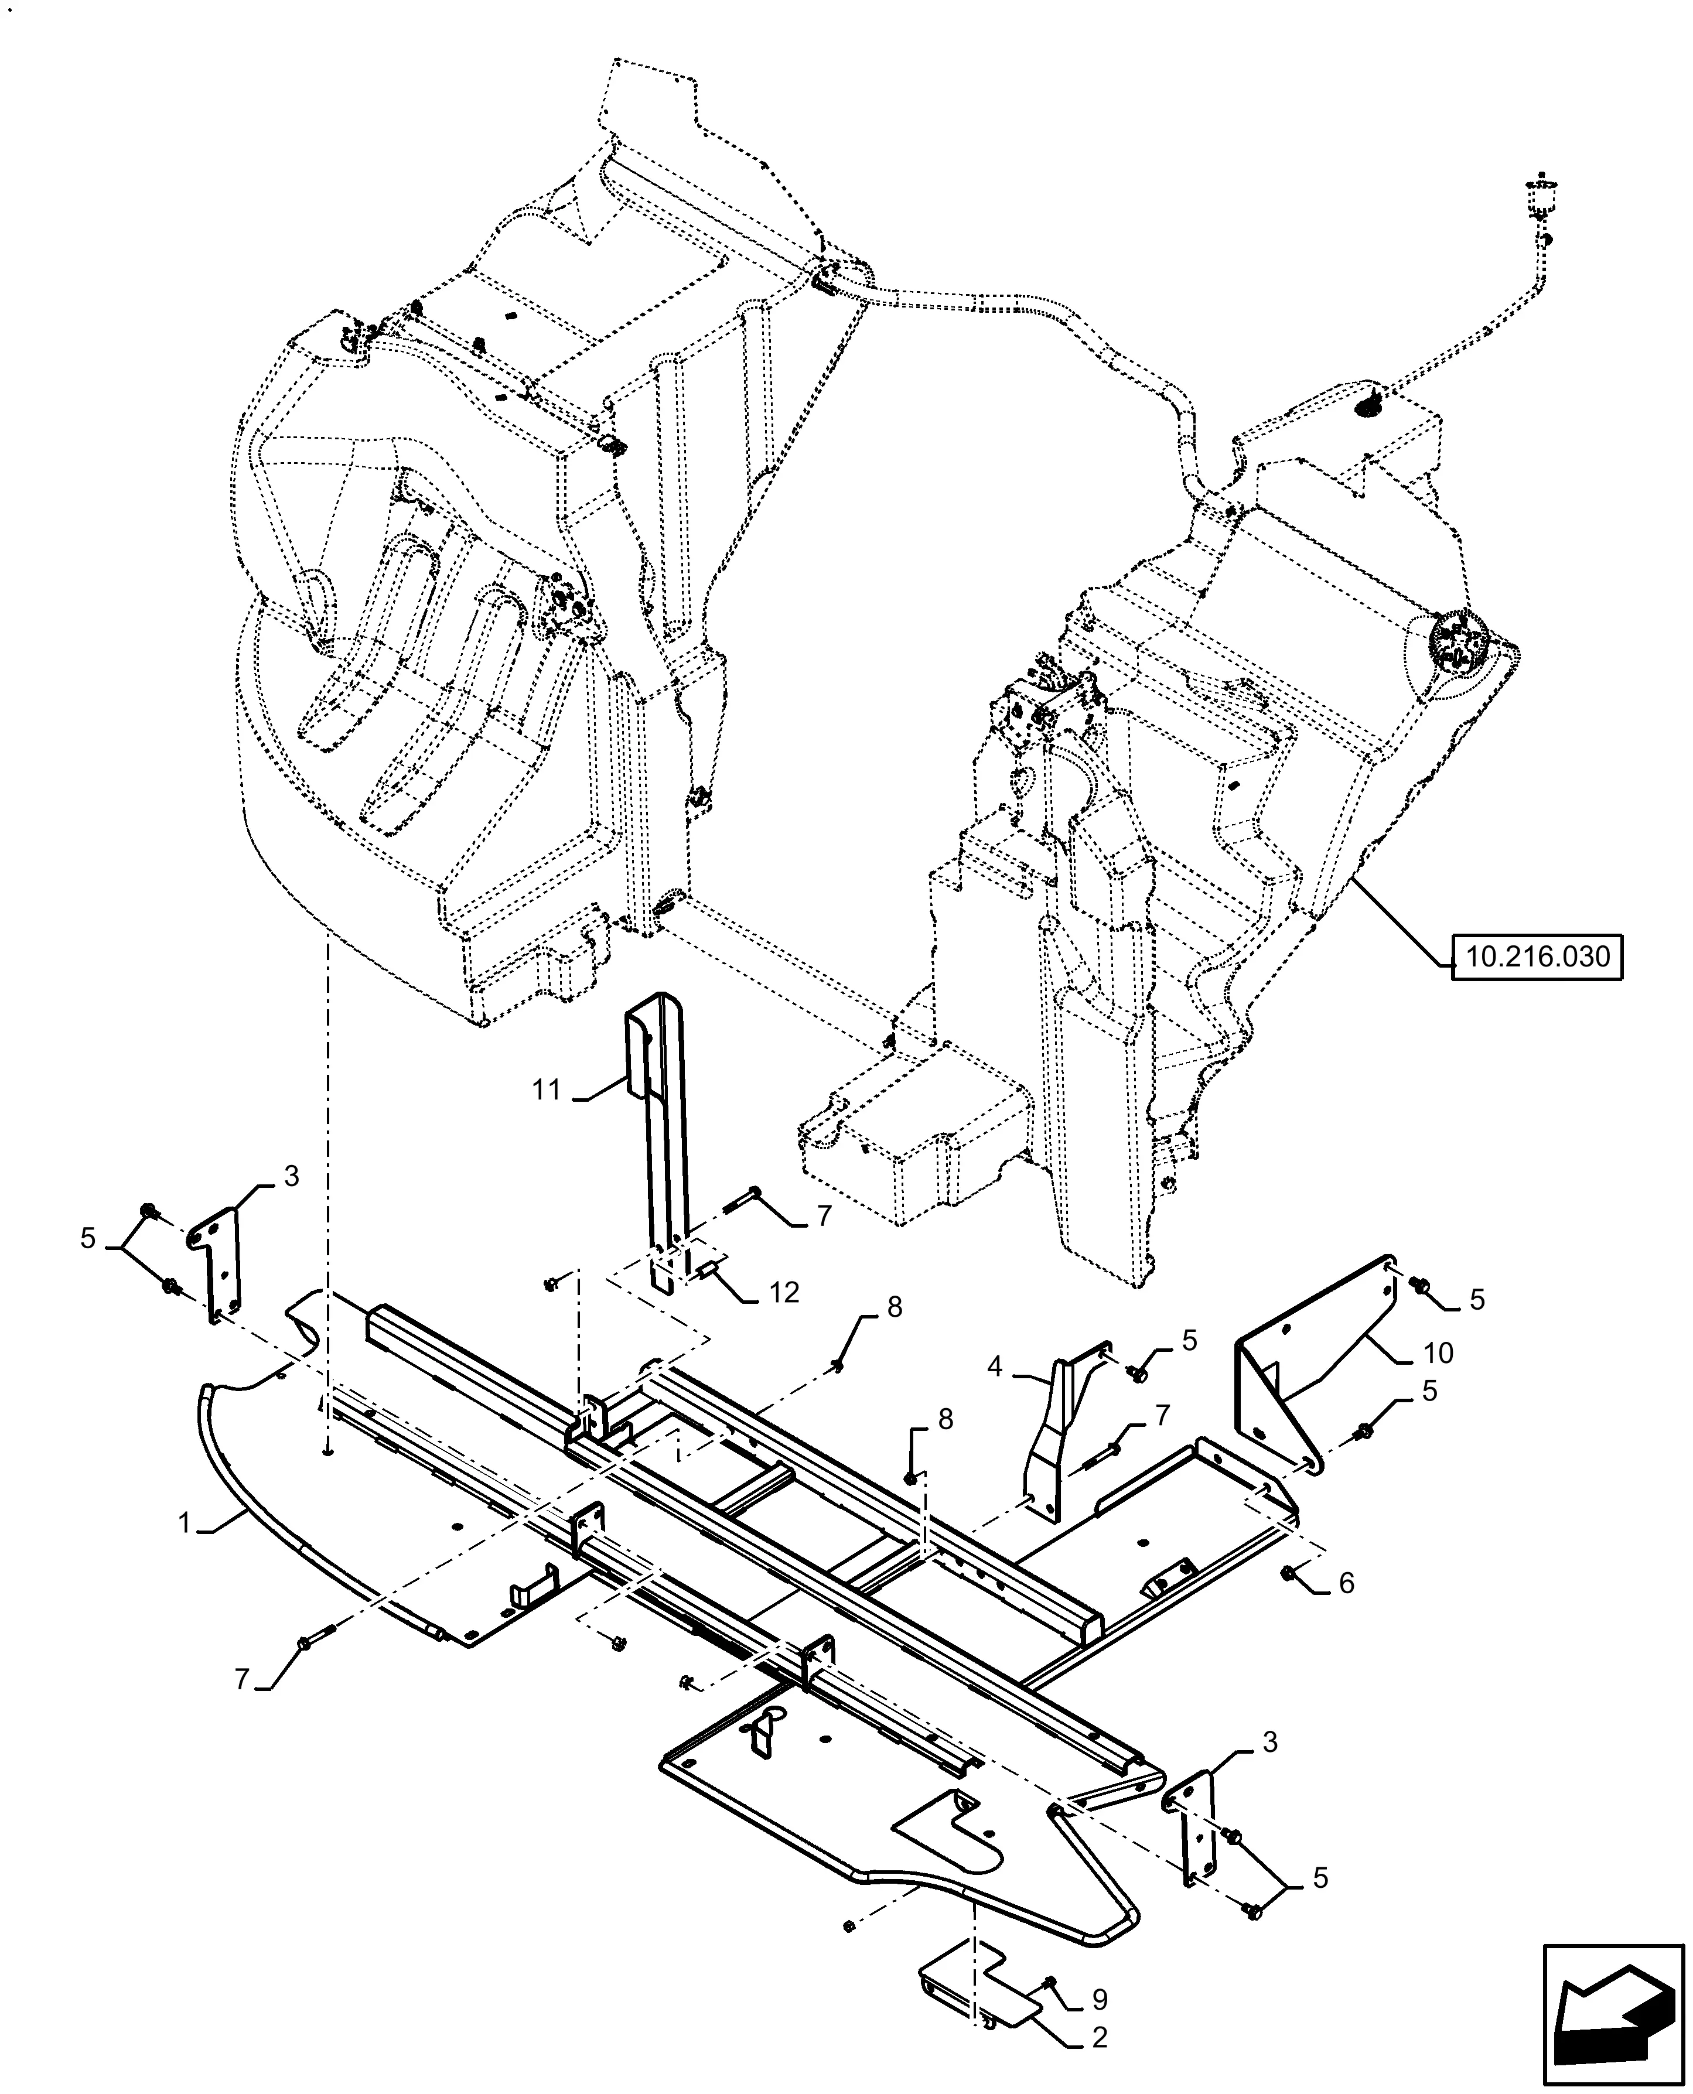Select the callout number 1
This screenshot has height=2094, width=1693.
[x=185, y=1523]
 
